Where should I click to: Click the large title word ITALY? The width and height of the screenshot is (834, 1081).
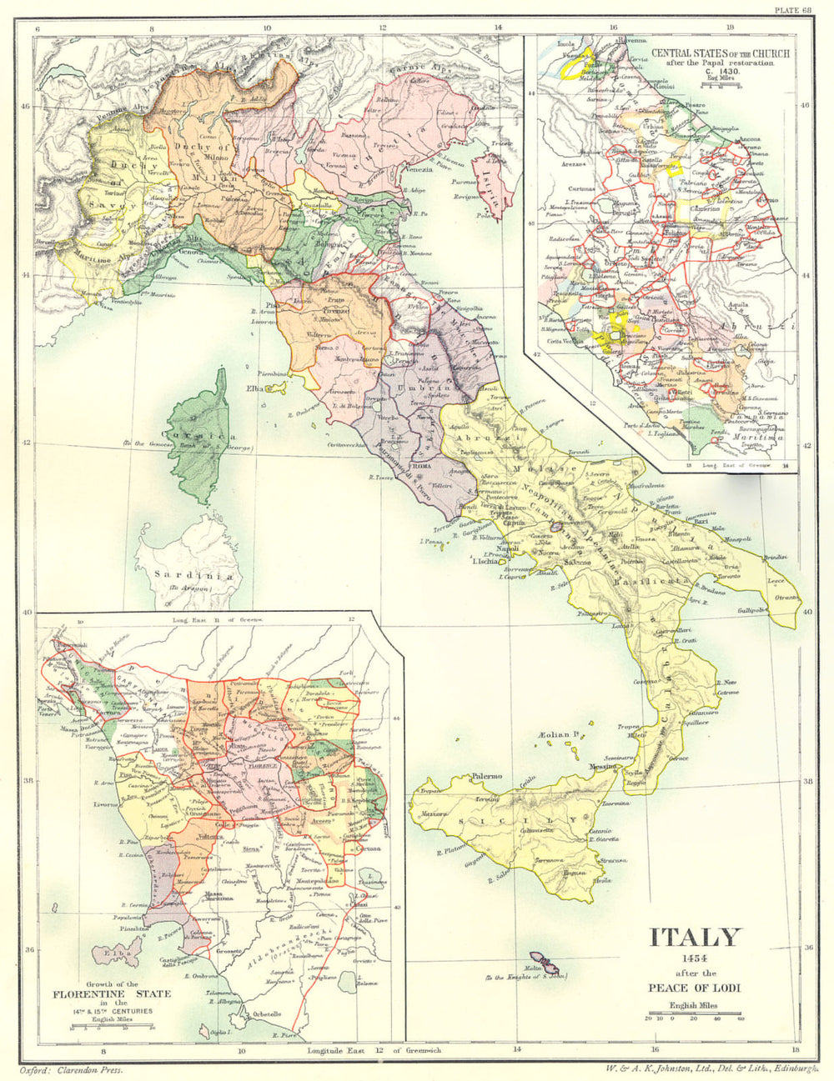[x=695, y=937]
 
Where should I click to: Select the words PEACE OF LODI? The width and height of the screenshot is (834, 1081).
[x=695, y=988]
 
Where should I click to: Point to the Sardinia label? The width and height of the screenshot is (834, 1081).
[x=184, y=575]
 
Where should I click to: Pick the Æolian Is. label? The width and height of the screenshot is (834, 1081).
[x=559, y=734]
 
